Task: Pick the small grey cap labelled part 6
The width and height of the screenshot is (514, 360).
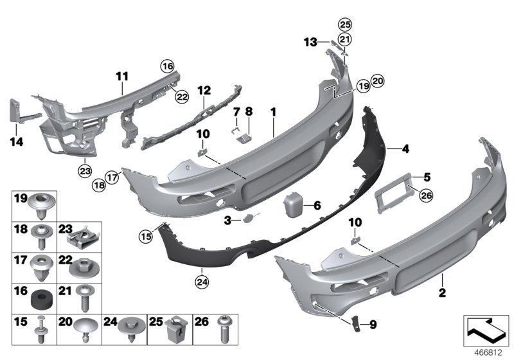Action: (293, 206)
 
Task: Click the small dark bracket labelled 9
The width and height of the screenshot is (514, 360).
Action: (356, 326)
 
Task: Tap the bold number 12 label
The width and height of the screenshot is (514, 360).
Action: (204, 91)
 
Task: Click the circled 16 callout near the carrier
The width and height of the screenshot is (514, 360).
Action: (167, 66)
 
